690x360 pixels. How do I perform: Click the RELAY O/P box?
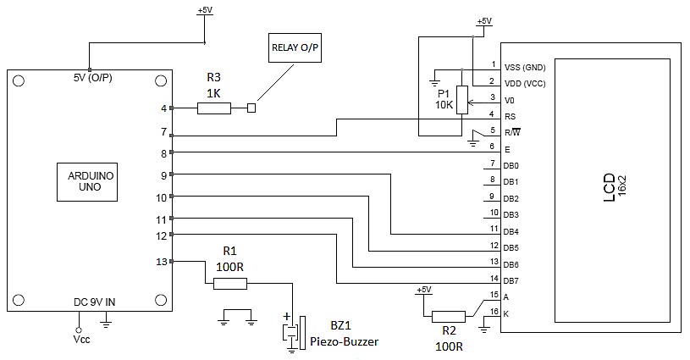[x=295, y=47]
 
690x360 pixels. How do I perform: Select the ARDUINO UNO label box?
[x=91, y=181]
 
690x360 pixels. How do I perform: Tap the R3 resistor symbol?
[x=213, y=108]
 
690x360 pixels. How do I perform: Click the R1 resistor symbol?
[x=229, y=284]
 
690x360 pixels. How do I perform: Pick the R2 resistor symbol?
[x=449, y=317]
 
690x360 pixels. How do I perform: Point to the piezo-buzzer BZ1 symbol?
[x=293, y=332]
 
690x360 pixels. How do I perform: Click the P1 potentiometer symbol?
[x=461, y=99]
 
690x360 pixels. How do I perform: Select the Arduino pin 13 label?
[x=163, y=262]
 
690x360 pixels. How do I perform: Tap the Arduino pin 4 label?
[x=164, y=108]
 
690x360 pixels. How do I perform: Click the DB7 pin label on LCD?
[x=512, y=281]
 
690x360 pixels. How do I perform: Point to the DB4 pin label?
[x=512, y=231]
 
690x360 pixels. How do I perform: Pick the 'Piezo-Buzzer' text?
[x=344, y=341]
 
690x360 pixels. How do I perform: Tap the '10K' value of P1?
[x=445, y=106]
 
